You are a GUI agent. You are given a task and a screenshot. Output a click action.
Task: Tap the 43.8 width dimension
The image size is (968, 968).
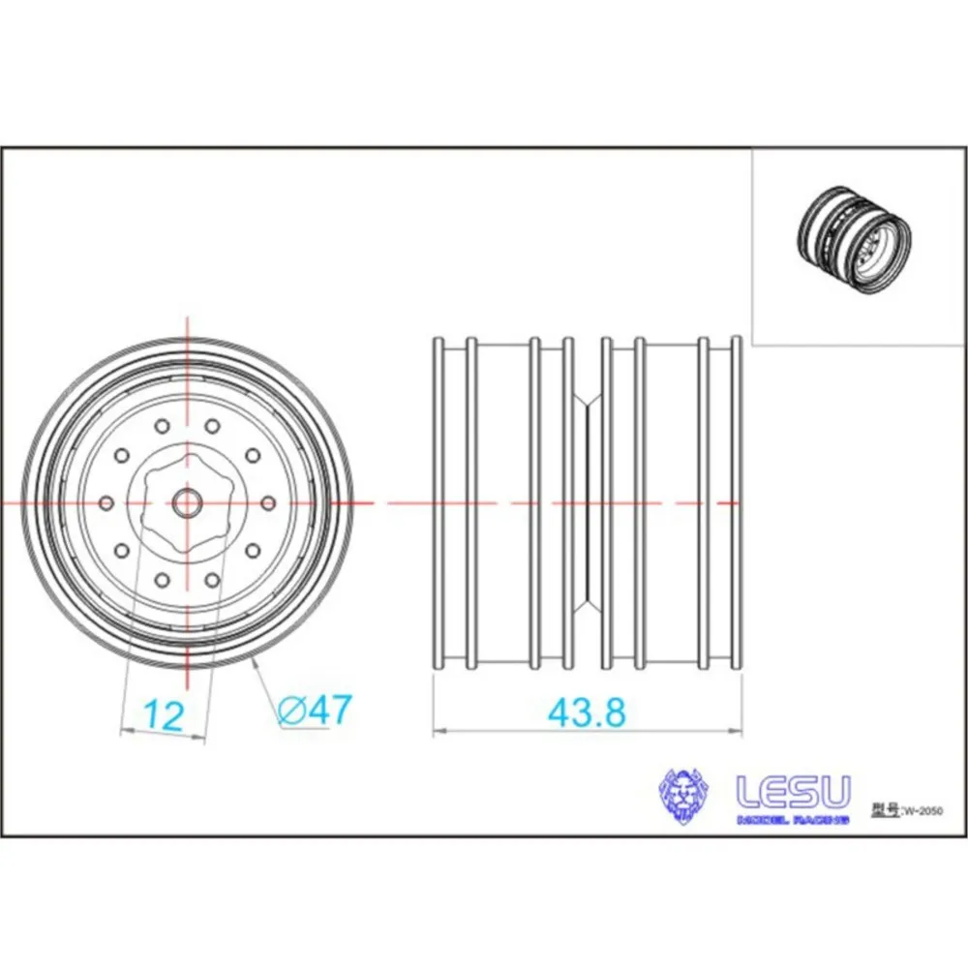(x=587, y=712)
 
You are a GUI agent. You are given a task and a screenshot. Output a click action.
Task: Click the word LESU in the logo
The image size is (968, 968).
(x=794, y=793)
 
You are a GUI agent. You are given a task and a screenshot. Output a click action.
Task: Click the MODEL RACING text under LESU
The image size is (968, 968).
(x=793, y=820)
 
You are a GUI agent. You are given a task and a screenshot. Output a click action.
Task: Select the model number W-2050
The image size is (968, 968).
(x=923, y=811)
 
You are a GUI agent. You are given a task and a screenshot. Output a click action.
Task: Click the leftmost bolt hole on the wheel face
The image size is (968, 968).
(x=106, y=502)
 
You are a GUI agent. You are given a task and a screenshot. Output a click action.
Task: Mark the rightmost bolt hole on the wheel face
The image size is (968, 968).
(x=268, y=502)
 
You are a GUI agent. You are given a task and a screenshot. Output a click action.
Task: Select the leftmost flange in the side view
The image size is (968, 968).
(x=438, y=502)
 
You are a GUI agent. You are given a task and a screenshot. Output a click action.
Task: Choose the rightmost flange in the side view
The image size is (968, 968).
(x=736, y=502)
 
